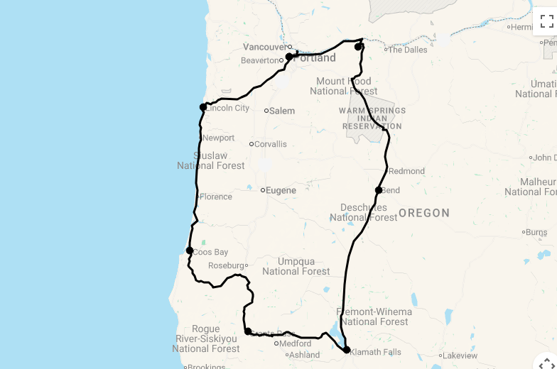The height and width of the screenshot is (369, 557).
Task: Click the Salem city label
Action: click(281, 111)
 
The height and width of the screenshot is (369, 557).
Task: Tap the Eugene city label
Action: click(281, 190)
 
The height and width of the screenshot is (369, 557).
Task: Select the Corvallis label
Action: click(271, 144)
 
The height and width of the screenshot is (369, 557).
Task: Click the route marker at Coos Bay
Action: click(190, 250)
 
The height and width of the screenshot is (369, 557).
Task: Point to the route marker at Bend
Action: click(379, 190)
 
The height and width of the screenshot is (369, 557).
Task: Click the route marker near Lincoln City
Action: click(203, 107)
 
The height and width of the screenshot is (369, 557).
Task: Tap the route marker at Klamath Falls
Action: click(347, 350)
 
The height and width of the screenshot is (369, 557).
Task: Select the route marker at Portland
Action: click(289, 57)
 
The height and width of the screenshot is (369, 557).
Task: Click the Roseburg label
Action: click(226, 266)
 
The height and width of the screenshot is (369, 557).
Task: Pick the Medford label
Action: click(295, 343)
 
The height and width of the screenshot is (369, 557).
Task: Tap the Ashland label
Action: click(304, 355)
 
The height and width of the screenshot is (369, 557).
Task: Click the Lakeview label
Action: click(460, 356)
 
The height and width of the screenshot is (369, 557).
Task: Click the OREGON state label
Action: click(424, 213)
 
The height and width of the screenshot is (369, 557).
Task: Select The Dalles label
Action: click(408, 50)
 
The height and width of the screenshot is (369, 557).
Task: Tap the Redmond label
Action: click(406, 171)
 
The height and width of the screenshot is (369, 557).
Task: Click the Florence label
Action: click(216, 197)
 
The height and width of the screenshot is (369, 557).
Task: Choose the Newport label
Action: click(218, 138)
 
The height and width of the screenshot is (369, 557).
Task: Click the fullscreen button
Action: click(546, 21)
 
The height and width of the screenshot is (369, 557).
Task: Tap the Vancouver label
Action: click(264, 47)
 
